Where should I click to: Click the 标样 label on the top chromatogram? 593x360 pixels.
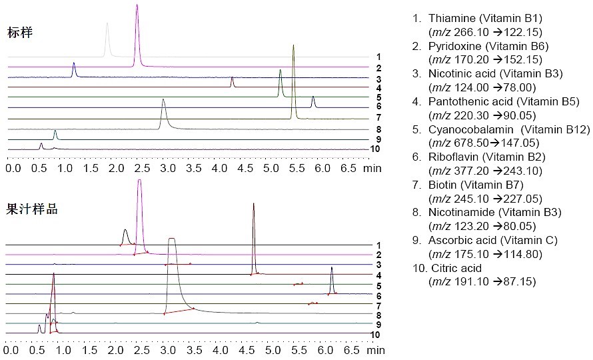pyautogui.click(x=20, y=31)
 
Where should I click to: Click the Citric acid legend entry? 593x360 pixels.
pyautogui.click(x=452, y=268)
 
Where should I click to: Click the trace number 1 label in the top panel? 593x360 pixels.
pyautogui.click(x=378, y=57)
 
